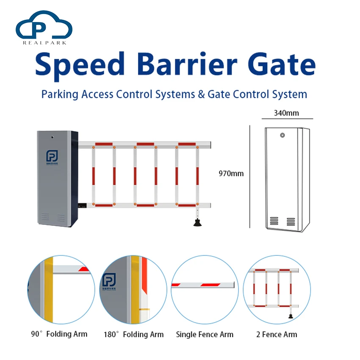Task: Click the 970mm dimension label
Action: [231, 173]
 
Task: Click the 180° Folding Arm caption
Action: [133, 334]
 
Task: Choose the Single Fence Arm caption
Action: [205, 334]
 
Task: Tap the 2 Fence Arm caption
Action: [277, 334]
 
